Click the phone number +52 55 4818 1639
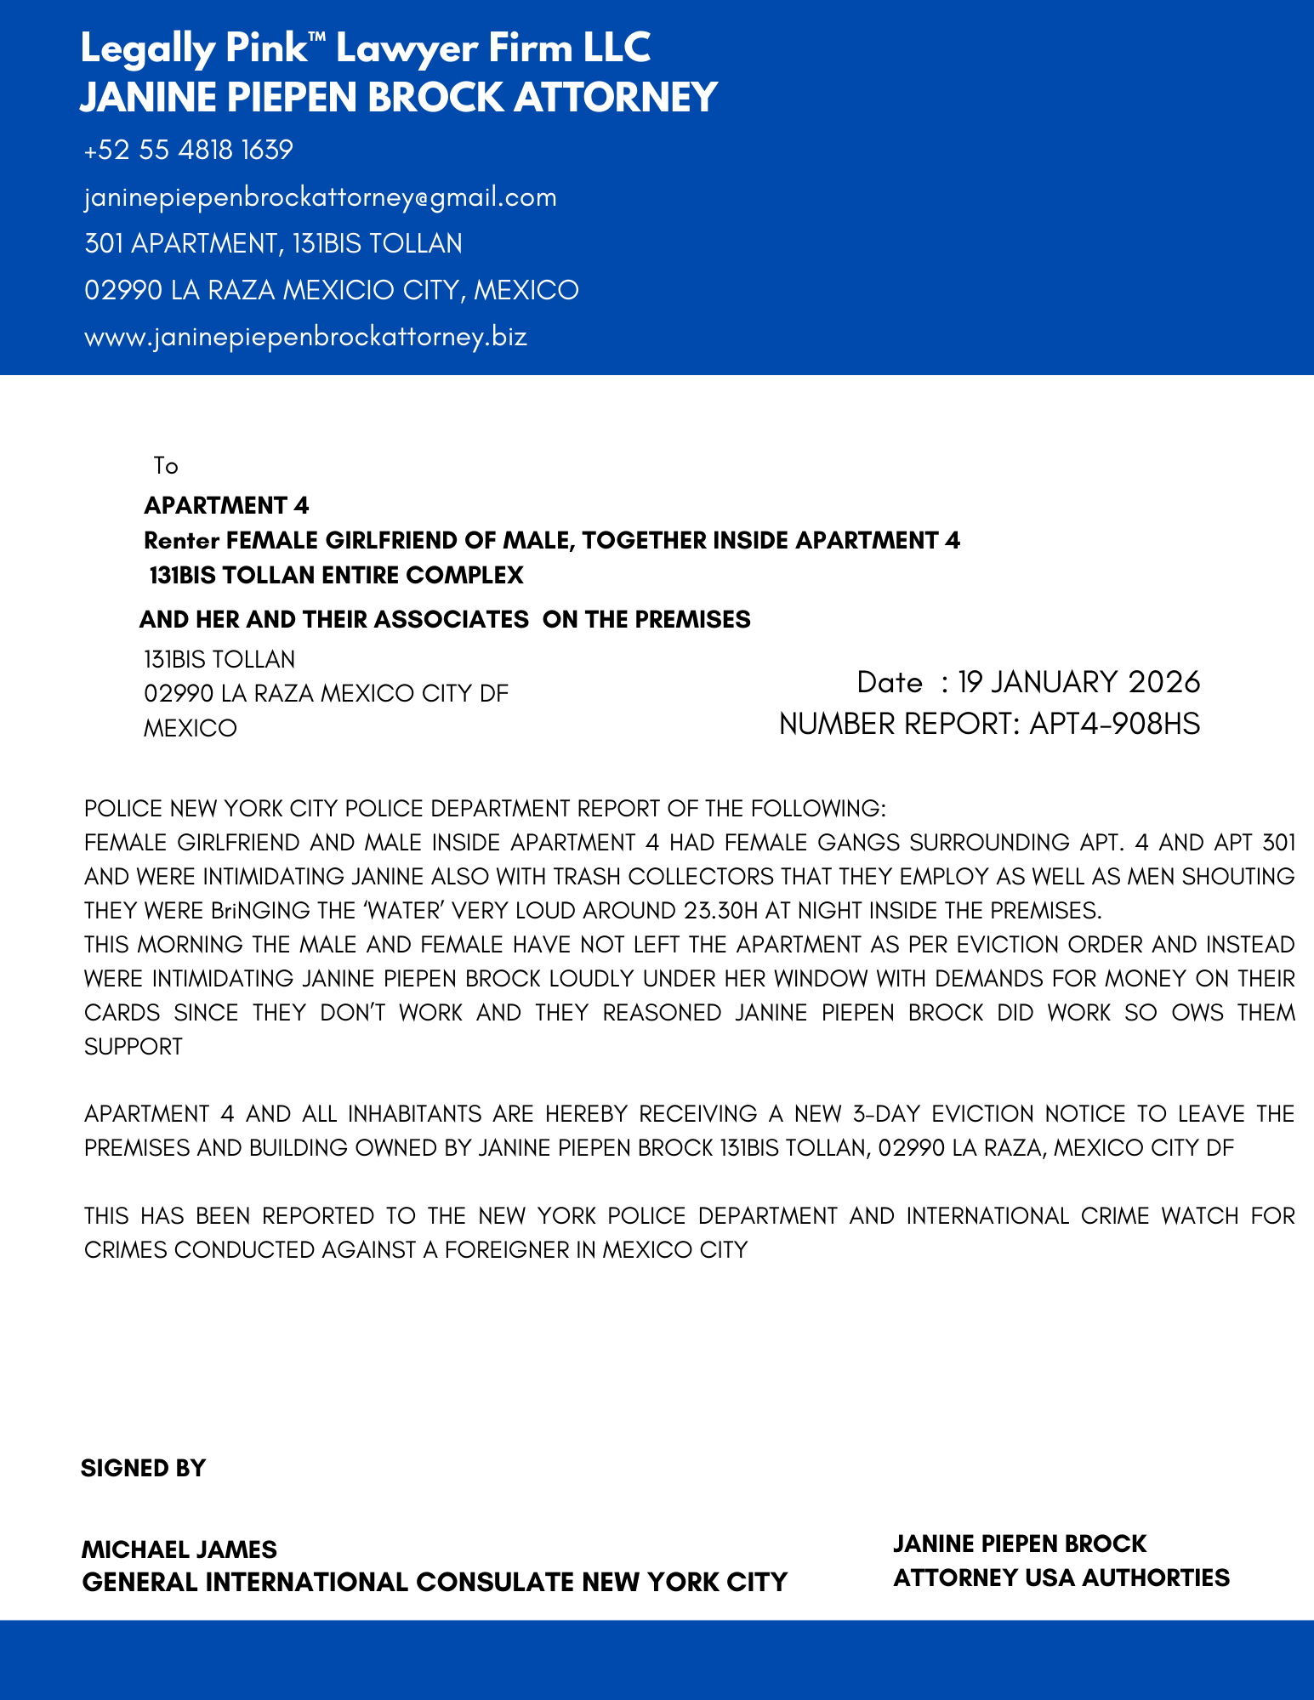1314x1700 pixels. (188, 151)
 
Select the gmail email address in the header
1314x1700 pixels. (321, 197)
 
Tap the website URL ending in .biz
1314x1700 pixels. (305, 337)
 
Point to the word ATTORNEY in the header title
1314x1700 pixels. (616, 97)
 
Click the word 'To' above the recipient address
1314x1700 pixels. (166, 466)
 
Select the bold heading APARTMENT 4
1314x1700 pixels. (226, 506)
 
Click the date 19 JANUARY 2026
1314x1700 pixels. (1078, 682)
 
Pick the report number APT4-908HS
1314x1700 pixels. (1114, 724)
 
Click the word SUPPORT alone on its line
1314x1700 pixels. (134, 1047)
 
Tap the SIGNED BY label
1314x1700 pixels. (143, 1469)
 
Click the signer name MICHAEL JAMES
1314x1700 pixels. (179, 1549)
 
